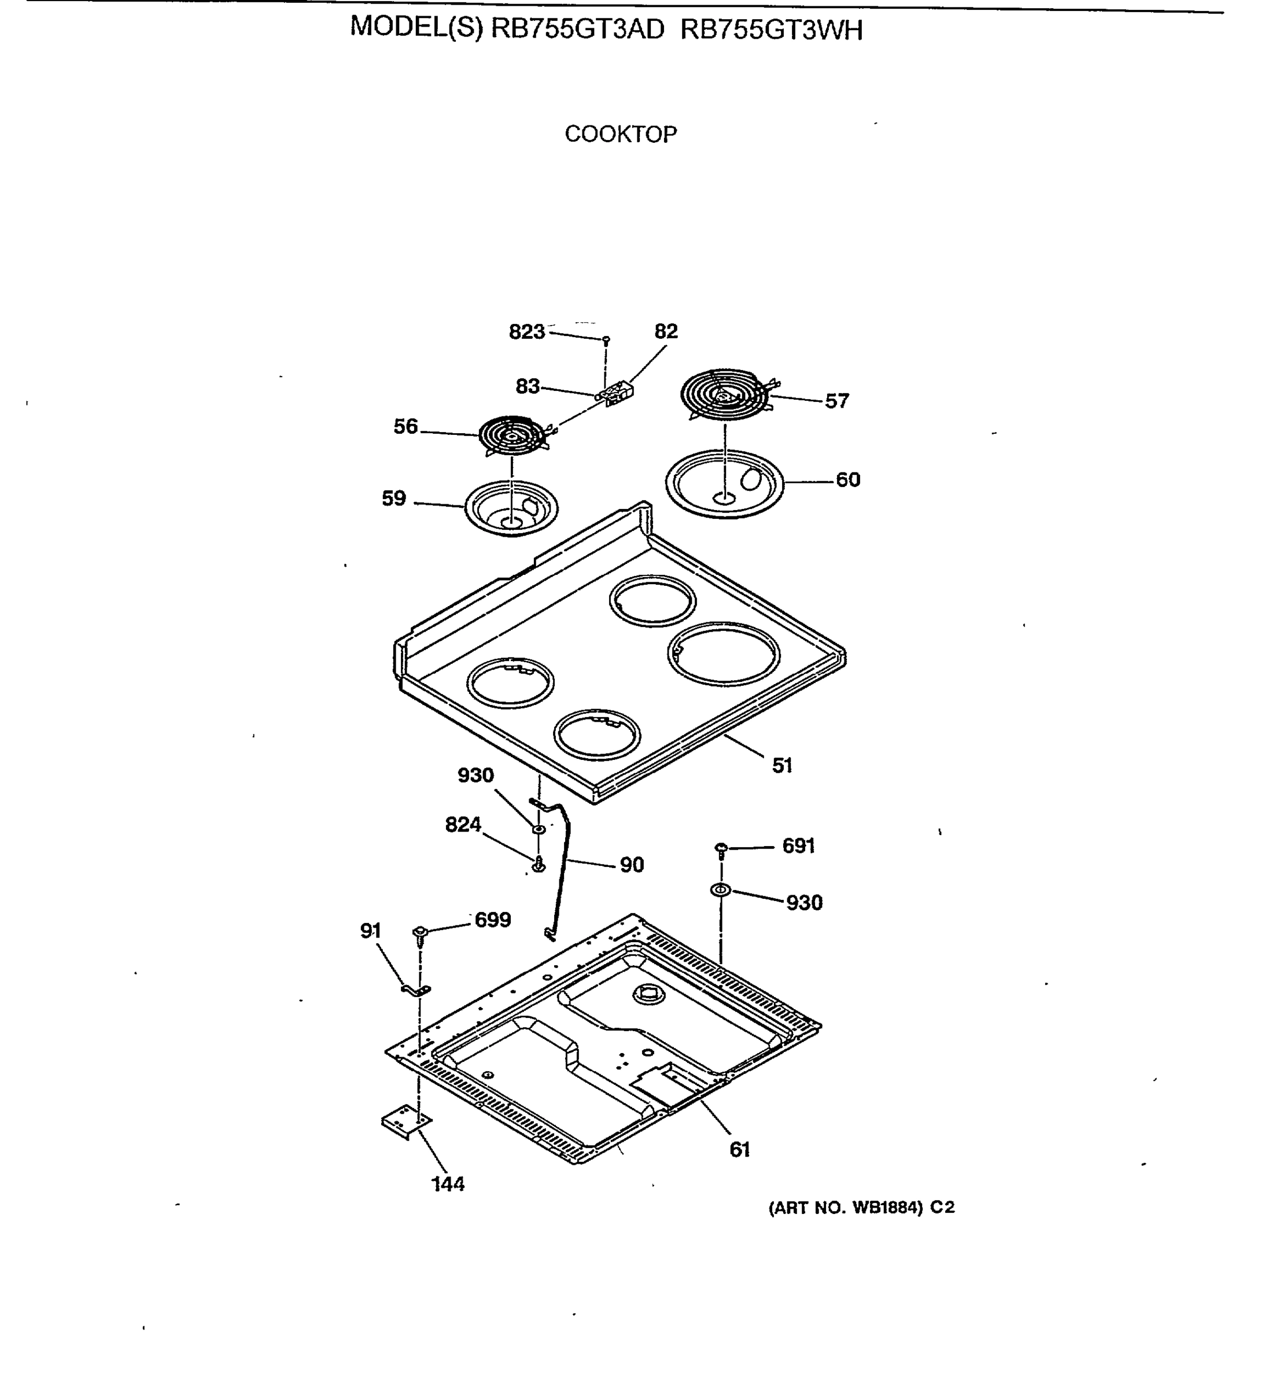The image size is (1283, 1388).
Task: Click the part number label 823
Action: point(526,332)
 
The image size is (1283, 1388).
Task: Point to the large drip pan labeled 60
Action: point(724,483)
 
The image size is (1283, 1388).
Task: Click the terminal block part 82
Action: point(618,394)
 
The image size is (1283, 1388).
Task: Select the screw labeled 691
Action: point(721,850)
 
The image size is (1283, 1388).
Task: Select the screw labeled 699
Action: point(420,933)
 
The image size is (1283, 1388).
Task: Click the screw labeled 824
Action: point(539,864)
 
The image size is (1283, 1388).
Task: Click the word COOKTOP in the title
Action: point(620,134)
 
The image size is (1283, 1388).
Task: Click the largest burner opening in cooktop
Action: point(724,653)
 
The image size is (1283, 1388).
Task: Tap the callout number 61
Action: point(739,1150)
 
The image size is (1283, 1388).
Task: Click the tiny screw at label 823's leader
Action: point(606,340)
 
